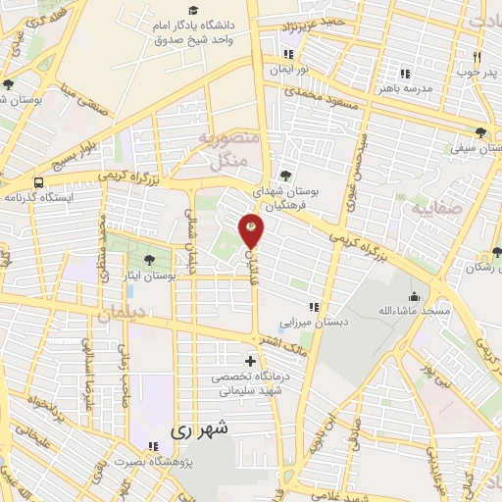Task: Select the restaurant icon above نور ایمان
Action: coord(288,54)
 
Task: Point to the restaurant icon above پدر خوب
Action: coord(477,57)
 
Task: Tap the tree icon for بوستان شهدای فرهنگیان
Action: coord(285,175)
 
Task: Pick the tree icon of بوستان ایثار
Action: coord(148,260)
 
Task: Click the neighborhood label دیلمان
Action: coord(121,315)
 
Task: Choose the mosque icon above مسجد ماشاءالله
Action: coord(416,296)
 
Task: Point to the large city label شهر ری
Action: coord(199,428)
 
